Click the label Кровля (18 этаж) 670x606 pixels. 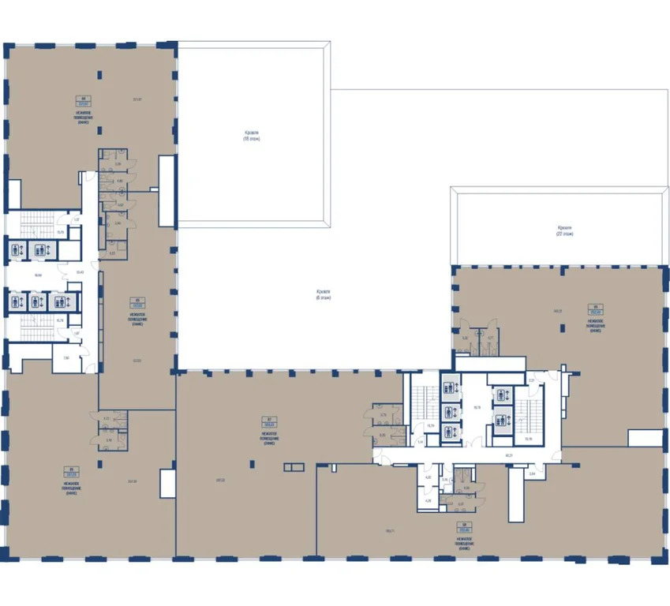point(251,136)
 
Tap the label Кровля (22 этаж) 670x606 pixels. point(564,230)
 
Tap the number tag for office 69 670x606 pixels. point(597,309)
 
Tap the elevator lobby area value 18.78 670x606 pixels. point(476,408)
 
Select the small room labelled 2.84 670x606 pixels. point(532,473)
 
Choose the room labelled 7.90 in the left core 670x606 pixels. point(66,358)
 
